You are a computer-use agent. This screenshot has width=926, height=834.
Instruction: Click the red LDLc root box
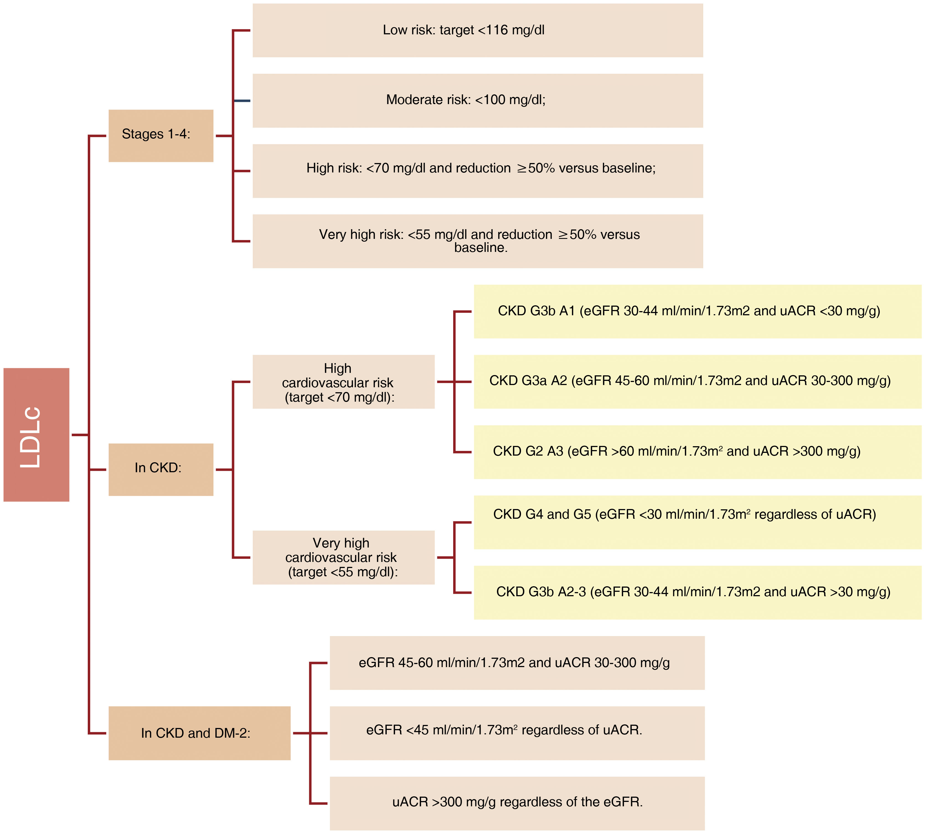(x=36, y=434)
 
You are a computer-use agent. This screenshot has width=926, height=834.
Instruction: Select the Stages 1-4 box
(x=161, y=136)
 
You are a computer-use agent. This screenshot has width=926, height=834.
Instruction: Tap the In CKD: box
(x=161, y=469)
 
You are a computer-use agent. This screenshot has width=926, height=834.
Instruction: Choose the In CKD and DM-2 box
(x=199, y=733)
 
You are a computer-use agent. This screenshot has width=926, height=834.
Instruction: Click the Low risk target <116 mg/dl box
(x=478, y=30)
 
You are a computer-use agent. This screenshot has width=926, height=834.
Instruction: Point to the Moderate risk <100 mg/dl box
(x=478, y=100)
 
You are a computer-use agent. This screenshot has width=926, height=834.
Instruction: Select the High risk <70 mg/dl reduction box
(x=478, y=171)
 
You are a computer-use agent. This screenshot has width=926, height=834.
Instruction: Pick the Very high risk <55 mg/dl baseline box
(x=478, y=241)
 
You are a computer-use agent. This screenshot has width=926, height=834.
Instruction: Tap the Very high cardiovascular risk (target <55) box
(x=343, y=557)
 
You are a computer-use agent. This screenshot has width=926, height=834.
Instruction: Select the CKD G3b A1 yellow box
(x=697, y=311)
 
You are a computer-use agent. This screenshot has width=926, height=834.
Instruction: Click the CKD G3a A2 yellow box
(x=697, y=381)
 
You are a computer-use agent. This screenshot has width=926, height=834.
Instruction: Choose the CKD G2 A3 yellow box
(x=697, y=452)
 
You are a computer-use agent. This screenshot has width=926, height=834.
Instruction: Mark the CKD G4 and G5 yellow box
(x=697, y=522)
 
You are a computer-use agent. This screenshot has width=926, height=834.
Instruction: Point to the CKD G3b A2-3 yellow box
(x=697, y=593)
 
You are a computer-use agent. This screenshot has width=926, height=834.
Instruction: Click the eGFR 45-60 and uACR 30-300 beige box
(x=517, y=663)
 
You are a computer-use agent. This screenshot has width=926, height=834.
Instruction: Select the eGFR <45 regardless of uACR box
(x=517, y=733)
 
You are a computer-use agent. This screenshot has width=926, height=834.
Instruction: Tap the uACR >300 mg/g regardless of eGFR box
(x=517, y=803)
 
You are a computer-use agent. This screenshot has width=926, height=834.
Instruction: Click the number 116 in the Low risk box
(x=497, y=30)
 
